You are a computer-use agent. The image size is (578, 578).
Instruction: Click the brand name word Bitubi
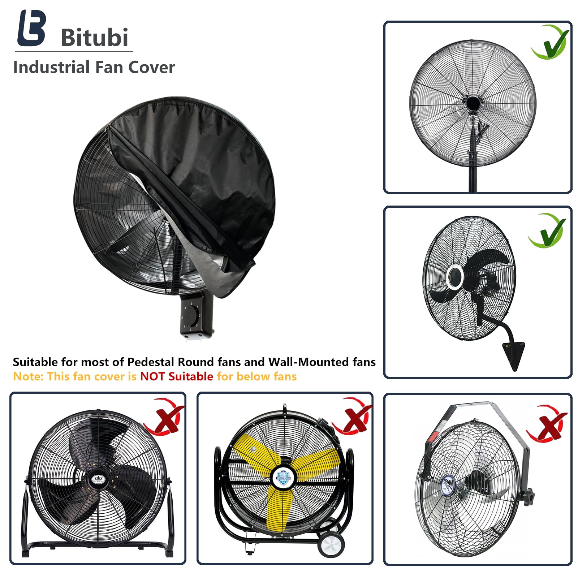[95, 37]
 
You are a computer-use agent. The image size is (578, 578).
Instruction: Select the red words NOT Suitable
[176, 376]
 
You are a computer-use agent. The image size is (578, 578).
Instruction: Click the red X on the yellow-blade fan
[352, 416]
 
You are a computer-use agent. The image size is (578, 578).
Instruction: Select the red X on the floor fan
[165, 416]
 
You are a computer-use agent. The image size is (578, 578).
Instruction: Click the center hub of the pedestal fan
[472, 104]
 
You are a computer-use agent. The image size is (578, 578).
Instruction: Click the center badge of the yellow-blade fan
[283, 476]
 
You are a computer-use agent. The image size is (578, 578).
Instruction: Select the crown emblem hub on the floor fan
[98, 479]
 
